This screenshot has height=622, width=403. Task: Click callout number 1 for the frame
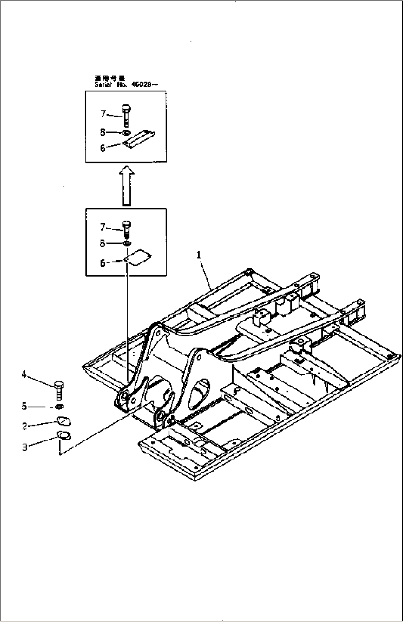(199, 255)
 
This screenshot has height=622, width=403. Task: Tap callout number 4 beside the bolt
(24, 375)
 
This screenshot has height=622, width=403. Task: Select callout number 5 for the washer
(24, 407)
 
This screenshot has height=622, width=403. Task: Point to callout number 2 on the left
(24, 426)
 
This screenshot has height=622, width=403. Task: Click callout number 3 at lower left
(25, 447)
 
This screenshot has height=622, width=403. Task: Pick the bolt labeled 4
(58, 390)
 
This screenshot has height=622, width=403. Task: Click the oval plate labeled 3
(64, 435)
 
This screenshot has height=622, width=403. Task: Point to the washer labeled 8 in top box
(126, 133)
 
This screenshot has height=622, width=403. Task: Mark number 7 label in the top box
(104, 114)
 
